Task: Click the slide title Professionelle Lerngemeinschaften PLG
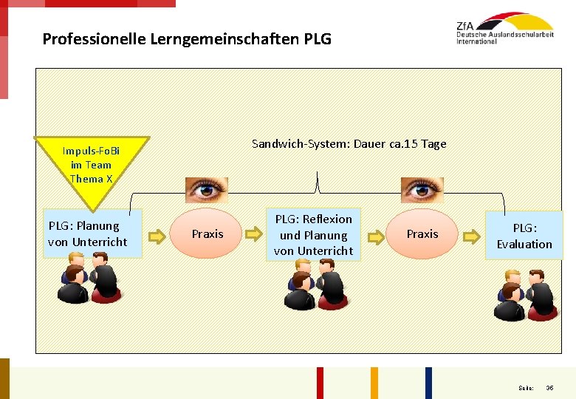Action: [187, 38]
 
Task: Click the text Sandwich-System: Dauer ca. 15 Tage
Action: [349, 144]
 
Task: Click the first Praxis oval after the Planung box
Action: [208, 234]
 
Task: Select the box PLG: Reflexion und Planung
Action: [313, 235]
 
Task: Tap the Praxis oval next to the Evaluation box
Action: [422, 234]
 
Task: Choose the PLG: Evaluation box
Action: [524, 236]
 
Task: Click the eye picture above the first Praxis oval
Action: [207, 190]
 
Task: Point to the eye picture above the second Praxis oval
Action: [422, 190]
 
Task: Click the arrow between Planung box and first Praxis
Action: [156, 236]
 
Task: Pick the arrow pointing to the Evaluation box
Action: [470, 236]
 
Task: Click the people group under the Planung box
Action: [89, 278]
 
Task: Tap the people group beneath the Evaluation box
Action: [524, 296]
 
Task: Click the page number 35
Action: [549, 388]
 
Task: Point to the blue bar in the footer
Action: [428, 383]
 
